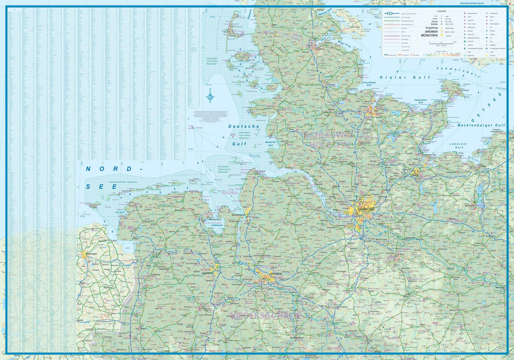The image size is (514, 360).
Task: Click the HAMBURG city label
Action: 366,209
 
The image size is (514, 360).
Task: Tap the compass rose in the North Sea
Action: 210,96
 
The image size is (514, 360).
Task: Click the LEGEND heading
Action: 441,11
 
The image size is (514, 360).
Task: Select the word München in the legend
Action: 429,35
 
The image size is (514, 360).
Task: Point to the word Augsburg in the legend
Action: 431,28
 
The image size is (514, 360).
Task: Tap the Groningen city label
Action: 91,254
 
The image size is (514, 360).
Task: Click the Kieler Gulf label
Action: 405,77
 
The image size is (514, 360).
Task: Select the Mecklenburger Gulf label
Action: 481,125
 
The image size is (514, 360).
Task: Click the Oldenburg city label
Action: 208,273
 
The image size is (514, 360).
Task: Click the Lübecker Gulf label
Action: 459,146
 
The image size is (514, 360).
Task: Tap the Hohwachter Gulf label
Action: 420,101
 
